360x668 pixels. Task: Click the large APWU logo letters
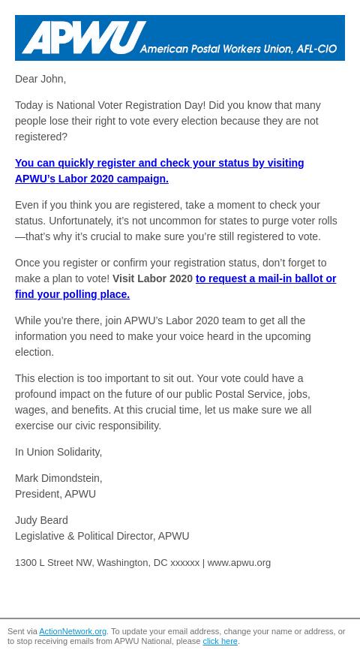83,37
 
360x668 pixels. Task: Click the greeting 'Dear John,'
40,79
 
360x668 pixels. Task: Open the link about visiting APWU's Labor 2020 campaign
159,170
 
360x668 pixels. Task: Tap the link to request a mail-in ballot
265,278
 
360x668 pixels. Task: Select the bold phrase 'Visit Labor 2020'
152,278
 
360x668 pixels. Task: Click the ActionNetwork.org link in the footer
73,632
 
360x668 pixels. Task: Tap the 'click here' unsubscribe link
220,642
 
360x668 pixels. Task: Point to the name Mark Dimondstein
58,478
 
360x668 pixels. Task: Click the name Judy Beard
41,520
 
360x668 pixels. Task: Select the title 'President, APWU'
55,494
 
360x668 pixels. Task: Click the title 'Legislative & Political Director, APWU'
102,536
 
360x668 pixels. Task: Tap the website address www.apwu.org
238,562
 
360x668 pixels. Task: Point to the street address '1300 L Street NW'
53,562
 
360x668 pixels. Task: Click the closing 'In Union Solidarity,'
58,452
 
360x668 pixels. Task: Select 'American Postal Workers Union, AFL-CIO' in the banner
238,49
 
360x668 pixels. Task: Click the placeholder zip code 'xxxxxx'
185,562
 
